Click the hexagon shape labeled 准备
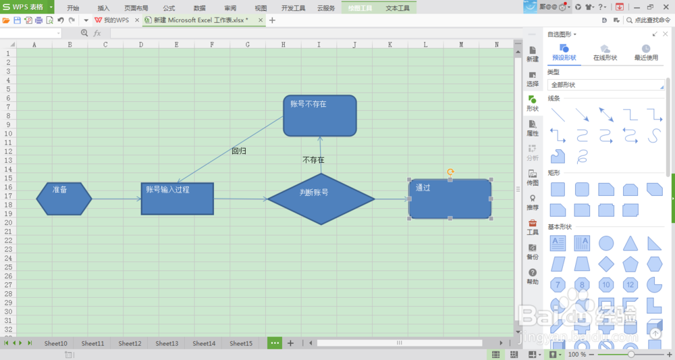64,199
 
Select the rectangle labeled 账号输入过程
177,199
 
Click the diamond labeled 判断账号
321,199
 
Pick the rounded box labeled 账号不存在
320,115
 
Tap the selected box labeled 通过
450,199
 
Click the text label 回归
239,151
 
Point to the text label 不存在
313,160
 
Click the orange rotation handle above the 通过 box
450,172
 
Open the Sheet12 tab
130,343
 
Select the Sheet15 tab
240,343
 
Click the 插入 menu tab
103,8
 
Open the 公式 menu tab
169,8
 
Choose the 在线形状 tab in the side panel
605,53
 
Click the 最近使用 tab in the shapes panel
645,53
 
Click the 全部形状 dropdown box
605,85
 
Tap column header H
283,45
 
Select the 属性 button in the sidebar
533,128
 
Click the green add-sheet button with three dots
275,343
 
